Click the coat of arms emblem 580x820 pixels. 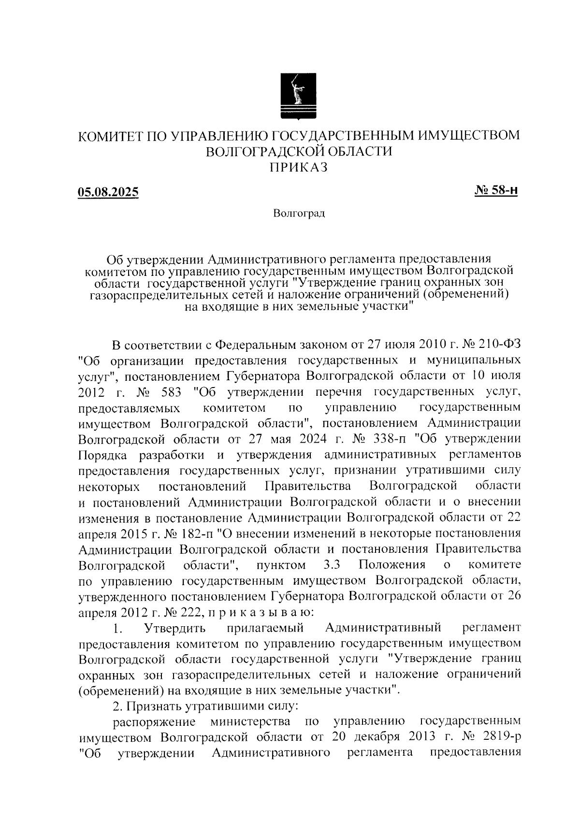pos(299,95)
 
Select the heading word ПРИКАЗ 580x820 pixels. pos(299,167)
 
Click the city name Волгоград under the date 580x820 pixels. pos(299,213)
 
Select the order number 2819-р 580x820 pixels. pos(503,738)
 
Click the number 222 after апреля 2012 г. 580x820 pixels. pos(194,613)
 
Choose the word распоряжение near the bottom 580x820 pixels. pos(154,722)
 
